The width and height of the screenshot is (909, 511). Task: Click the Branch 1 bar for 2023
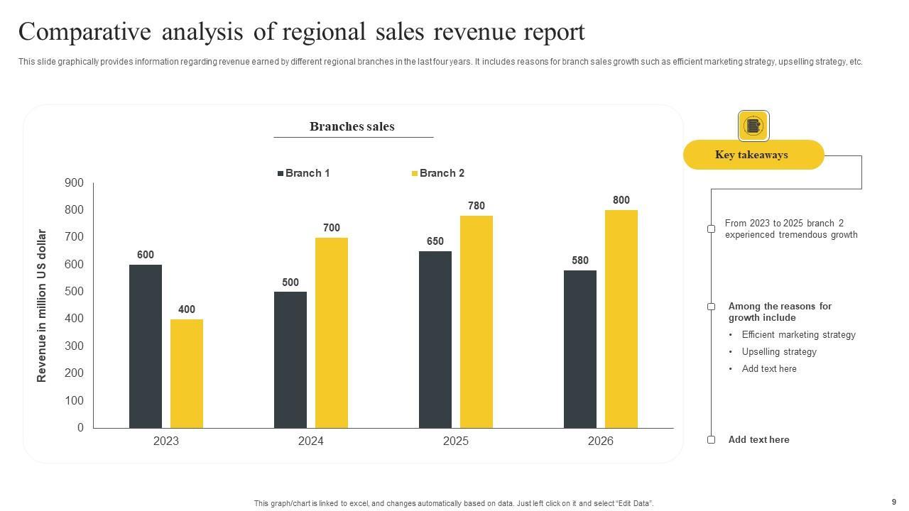coord(146,346)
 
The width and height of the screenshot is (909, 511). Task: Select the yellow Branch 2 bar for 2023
coord(187,373)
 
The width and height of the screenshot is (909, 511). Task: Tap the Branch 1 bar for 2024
coord(290,360)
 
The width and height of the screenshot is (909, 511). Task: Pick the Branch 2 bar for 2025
coord(477,322)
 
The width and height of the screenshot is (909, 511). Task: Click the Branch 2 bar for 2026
coord(621,319)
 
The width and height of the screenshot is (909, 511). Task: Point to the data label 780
coord(477,206)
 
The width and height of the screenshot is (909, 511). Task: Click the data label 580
coord(580,260)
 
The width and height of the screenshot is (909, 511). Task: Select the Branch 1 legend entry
coord(303,173)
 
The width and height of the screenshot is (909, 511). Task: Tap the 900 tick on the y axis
coord(74,183)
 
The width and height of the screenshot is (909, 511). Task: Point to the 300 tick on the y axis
coord(74,346)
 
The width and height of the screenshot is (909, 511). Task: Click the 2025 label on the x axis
coord(456,441)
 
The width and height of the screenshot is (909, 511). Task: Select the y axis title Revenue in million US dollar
coord(42,305)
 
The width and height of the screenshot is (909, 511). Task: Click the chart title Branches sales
coord(352,126)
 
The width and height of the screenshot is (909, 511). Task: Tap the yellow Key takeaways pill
coord(753,155)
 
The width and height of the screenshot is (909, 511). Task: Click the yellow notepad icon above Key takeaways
coord(753,126)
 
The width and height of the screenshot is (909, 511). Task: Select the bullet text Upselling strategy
coord(779,352)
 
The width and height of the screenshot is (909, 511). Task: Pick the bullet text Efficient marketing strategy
coord(798,335)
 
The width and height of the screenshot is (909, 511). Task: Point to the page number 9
coord(894,502)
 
